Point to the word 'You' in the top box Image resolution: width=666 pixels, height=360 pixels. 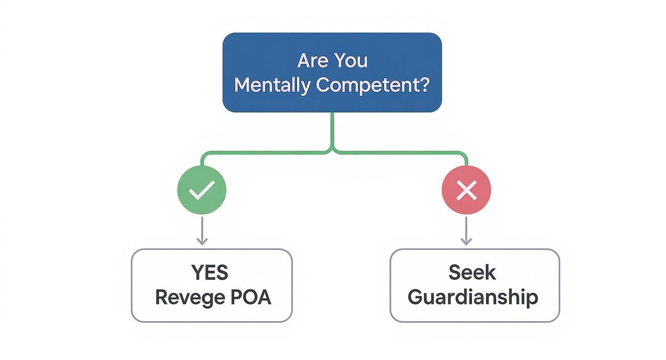(351, 61)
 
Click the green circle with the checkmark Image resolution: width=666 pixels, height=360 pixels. (202, 190)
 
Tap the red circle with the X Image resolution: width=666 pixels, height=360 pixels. (466, 190)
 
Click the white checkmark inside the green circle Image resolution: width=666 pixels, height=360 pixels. (202, 191)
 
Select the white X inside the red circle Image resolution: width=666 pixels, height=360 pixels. (466, 191)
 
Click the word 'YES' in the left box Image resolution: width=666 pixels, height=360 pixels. (210, 272)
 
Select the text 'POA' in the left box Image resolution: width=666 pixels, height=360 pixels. (251, 297)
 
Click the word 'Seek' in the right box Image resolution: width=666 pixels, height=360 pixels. (472, 272)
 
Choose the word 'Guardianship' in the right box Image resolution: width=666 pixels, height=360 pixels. (473, 297)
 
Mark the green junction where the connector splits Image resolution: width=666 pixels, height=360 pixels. (333, 150)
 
